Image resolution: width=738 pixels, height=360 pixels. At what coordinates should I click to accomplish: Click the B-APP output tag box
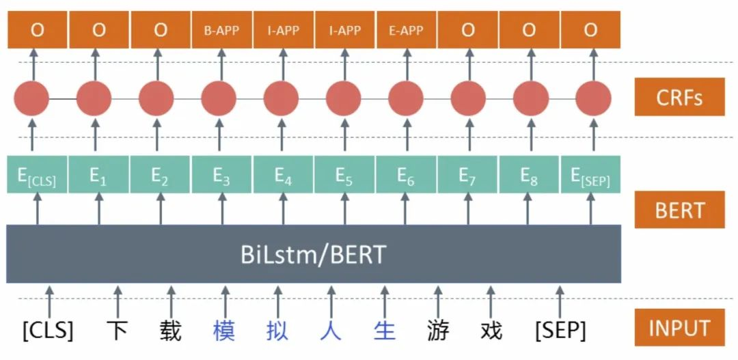click(x=222, y=31)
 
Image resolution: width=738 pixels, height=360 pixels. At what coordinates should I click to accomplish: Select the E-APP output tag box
click(x=406, y=31)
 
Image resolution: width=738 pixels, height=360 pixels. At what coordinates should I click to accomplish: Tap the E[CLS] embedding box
click(x=38, y=176)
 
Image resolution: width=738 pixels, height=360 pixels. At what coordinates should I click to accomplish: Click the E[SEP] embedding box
click(x=590, y=176)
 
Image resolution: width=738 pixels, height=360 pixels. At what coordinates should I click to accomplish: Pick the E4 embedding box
click(x=283, y=176)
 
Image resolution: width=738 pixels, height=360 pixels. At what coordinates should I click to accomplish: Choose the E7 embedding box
click(x=467, y=176)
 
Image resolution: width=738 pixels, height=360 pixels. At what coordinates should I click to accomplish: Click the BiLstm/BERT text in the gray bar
click(x=313, y=255)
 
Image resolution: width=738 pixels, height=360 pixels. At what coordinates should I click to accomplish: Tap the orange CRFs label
click(x=679, y=98)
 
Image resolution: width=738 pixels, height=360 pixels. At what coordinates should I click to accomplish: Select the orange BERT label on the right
click(x=679, y=210)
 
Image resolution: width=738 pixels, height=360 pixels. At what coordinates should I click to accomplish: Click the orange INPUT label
click(x=679, y=328)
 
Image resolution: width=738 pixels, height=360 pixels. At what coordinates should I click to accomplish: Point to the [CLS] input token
click(x=48, y=331)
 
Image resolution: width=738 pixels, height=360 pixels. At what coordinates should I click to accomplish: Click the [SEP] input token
click(x=560, y=331)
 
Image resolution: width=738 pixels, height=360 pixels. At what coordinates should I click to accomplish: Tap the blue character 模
click(x=224, y=331)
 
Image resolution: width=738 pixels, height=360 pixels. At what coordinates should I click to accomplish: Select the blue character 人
click(x=331, y=331)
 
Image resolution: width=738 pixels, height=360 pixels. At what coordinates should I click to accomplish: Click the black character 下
click(x=118, y=331)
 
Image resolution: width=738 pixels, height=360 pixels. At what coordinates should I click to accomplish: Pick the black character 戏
click(x=491, y=331)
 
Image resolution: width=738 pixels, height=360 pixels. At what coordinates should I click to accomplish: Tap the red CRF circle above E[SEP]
click(x=592, y=99)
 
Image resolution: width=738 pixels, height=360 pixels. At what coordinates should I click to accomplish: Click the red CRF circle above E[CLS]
click(x=31, y=99)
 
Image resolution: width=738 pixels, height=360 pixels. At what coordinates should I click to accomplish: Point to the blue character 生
click(x=385, y=331)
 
